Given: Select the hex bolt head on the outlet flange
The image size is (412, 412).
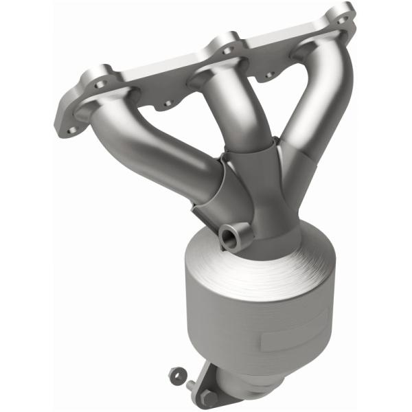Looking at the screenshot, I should (x=208, y=396).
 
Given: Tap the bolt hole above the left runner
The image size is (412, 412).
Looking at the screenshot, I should (x=101, y=83).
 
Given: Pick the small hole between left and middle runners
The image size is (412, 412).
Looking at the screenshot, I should (x=166, y=104).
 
